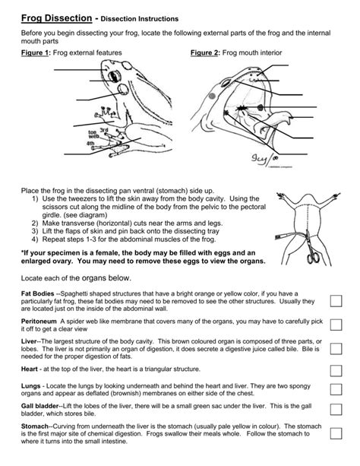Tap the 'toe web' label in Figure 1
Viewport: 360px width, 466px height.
pyautogui.click(x=96, y=133)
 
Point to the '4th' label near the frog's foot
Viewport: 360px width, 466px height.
pyautogui.click(x=91, y=143)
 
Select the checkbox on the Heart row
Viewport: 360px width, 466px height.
pyautogui.click(x=335, y=370)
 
